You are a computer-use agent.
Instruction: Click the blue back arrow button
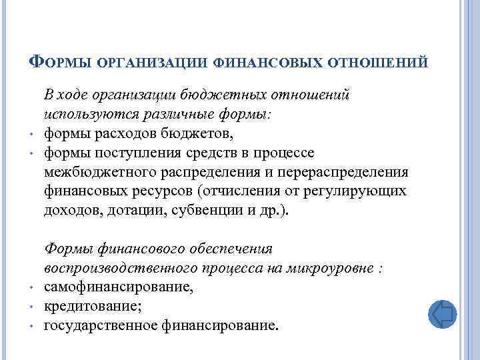441,313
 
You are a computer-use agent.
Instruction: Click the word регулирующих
355,191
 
